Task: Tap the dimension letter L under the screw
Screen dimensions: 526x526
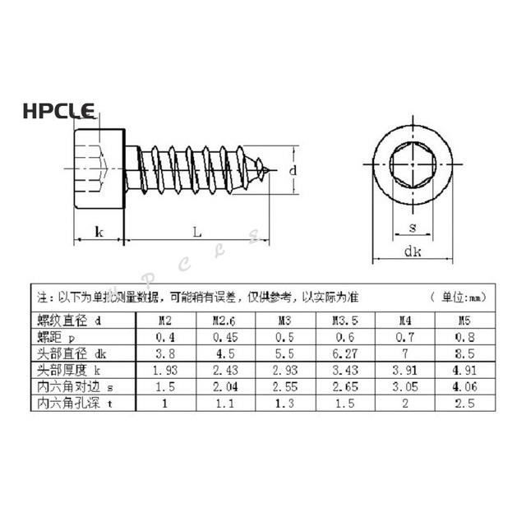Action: click(197, 233)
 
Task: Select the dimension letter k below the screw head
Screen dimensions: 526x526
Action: click(99, 233)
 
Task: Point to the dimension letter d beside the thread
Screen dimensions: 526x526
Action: click(292, 170)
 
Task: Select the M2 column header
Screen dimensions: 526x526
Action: click(166, 321)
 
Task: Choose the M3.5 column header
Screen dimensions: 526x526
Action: click(344, 321)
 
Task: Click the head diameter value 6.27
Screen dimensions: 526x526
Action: click(344, 353)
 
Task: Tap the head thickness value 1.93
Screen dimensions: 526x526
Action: click(166, 371)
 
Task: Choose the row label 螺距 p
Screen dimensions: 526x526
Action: click(55, 337)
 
